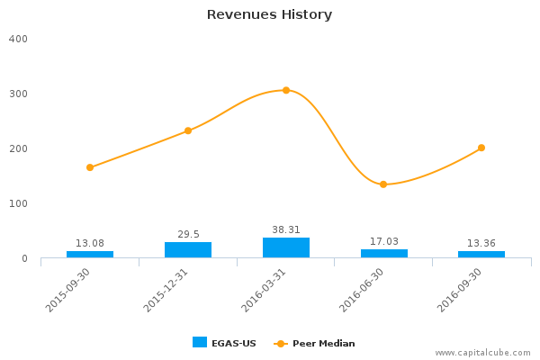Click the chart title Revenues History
click(269, 14)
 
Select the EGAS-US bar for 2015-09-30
click(90, 255)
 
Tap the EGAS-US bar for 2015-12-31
click(188, 250)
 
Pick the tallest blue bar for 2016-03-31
click(286, 247)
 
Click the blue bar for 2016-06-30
click(383, 254)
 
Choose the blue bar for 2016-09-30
click(481, 255)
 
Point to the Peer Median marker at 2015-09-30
click(90, 167)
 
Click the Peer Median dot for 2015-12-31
click(188, 130)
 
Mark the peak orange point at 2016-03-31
click(286, 90)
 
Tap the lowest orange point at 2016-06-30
click(383, 184)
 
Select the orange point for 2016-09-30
click(481, 148)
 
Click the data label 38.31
click(286, 229)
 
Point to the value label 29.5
click(188, 234)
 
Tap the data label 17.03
click(383, 241)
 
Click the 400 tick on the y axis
click(19, 40)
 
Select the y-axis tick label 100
click(19, 204)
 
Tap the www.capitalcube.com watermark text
click(483, 353)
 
